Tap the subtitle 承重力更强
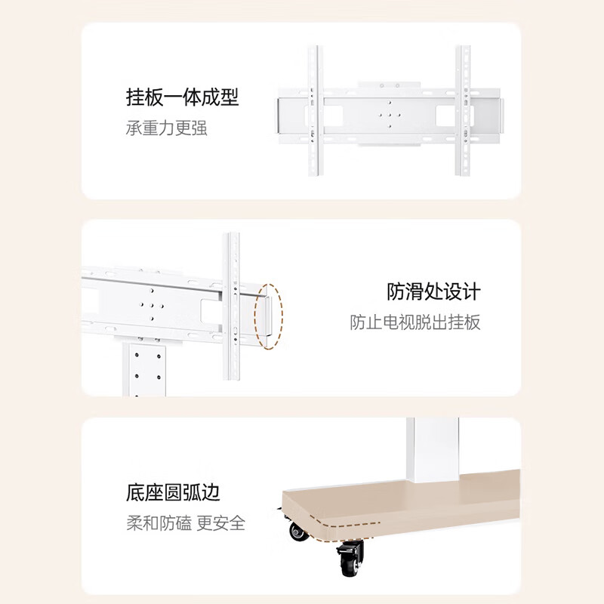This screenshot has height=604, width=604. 166,128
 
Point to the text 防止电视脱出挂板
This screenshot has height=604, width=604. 414,322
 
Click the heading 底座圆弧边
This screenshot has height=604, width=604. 173,494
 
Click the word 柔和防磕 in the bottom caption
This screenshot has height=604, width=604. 157,523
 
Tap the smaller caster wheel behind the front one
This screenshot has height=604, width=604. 296,533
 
